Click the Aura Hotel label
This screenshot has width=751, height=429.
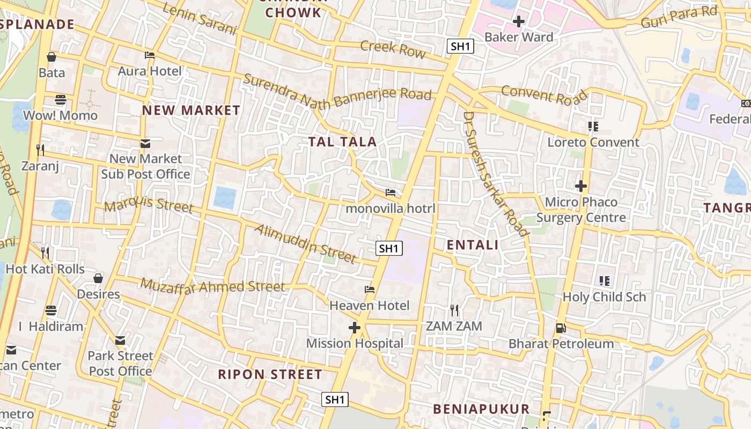[x=150, y=71]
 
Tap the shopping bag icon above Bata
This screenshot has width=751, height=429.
[x=51, y=56]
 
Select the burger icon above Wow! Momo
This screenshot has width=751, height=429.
[x=61, y=100]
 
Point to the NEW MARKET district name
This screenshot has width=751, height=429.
[x=191, y=110]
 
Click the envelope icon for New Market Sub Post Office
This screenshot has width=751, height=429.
[x=145, y=143]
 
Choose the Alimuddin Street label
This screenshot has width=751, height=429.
[x=305, y=244]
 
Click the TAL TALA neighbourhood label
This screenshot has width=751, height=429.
[x=342, y=142]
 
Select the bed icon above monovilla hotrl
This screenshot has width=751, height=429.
[x=391, y=192]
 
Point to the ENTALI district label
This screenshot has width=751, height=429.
[x=473, y=245]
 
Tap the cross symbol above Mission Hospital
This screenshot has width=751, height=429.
[x=354, y=327]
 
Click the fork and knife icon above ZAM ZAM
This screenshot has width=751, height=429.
[x=454, y=310]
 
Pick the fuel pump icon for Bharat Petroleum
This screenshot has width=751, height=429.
[x=561, y=328]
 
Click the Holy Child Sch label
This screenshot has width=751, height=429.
[x=604, y=297]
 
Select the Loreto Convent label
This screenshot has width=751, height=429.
[x=593, y=142]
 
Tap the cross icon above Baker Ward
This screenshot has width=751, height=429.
[x=518, y=21]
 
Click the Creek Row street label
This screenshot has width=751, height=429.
[x=393, y=48]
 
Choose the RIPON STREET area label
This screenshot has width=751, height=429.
[x=270, y=374]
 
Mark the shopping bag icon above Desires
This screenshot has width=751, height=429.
[x=98, y=278]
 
